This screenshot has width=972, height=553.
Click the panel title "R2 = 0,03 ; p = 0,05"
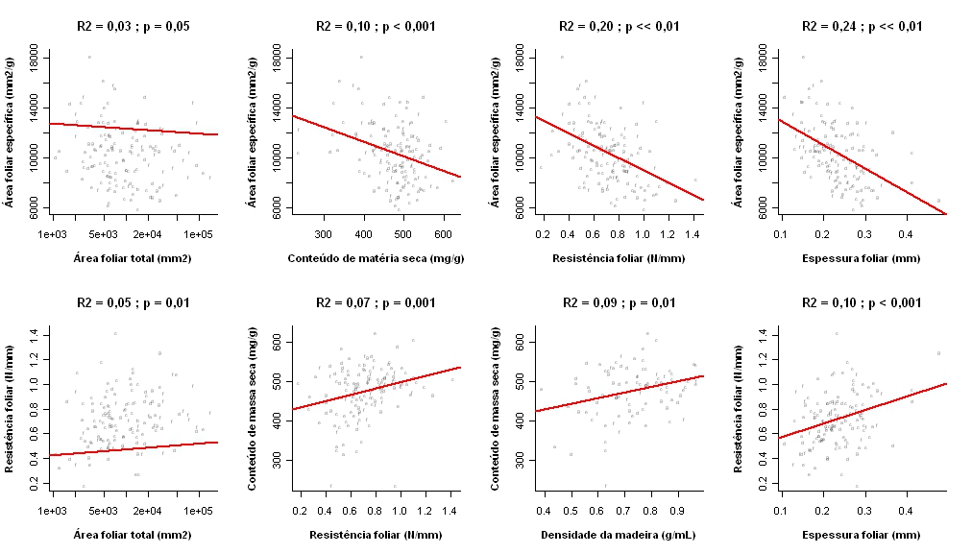point(134,26)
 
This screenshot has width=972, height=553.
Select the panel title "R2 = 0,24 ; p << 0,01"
point(862,26)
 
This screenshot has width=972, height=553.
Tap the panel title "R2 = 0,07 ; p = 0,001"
point(376,302)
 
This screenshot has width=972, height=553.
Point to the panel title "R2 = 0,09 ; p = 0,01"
point(619,302)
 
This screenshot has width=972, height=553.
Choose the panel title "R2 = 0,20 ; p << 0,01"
point(619,26)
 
